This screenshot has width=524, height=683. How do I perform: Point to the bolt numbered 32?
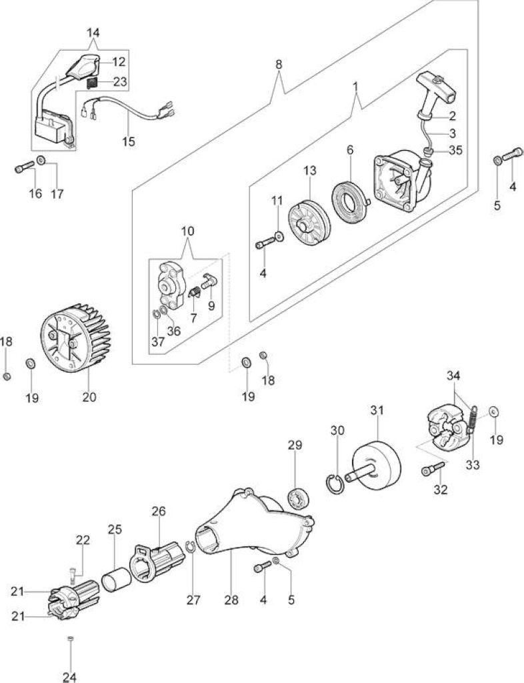pyautogui.click(x=434, y=468)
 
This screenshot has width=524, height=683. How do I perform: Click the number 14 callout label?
pyautogui.click(x=93, y=33)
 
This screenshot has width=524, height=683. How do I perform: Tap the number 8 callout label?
pyautogui.click(x=279, y=65)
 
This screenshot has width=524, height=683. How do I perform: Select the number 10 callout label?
pyautogui.click(x=187, y=231)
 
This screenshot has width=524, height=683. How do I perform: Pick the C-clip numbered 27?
pyautogui.click(x=190, y=548)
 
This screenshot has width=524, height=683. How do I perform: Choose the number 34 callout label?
pyautogui.click(x=453, y=376)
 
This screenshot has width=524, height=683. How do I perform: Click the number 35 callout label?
pyautogui.click(x=456, y=150)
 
